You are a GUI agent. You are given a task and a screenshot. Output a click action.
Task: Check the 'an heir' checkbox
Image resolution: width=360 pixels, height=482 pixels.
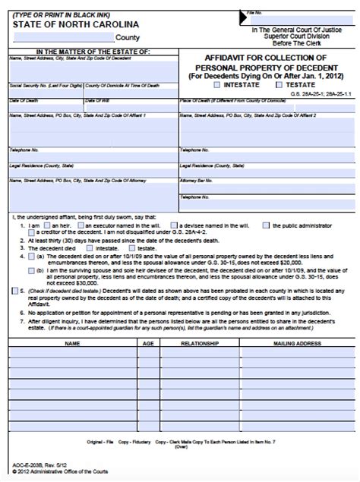point(48,225)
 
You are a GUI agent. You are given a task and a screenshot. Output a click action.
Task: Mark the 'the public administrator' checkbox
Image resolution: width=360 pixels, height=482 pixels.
point(266,225)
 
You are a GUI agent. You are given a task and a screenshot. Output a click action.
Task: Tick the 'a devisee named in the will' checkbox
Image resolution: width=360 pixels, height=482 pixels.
point(175,225)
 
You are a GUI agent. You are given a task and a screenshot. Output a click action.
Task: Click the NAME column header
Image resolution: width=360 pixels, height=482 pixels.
point(73,343)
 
